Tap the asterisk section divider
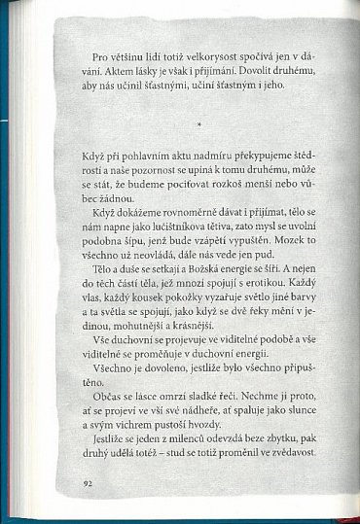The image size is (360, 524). pos(198,123)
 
